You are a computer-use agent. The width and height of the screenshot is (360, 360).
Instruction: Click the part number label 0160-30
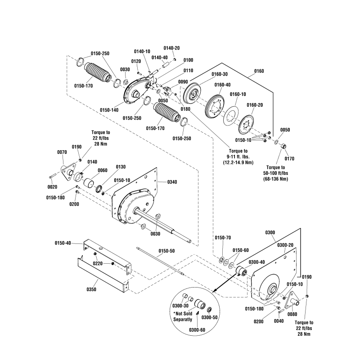(x=220, y=74)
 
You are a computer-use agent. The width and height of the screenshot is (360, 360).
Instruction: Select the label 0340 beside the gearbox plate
(x=172, y=182)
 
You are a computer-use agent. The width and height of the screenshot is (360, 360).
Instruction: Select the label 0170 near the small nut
(x=289, y=158)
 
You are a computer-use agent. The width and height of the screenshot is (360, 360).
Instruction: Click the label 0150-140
(x=109, y=109)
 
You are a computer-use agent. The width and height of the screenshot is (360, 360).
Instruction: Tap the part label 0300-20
(x=285, y=245)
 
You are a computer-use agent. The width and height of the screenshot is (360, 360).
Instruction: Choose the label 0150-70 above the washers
(x=222, y=238)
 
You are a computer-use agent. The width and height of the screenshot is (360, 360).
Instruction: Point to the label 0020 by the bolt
(x=53, y=187)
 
